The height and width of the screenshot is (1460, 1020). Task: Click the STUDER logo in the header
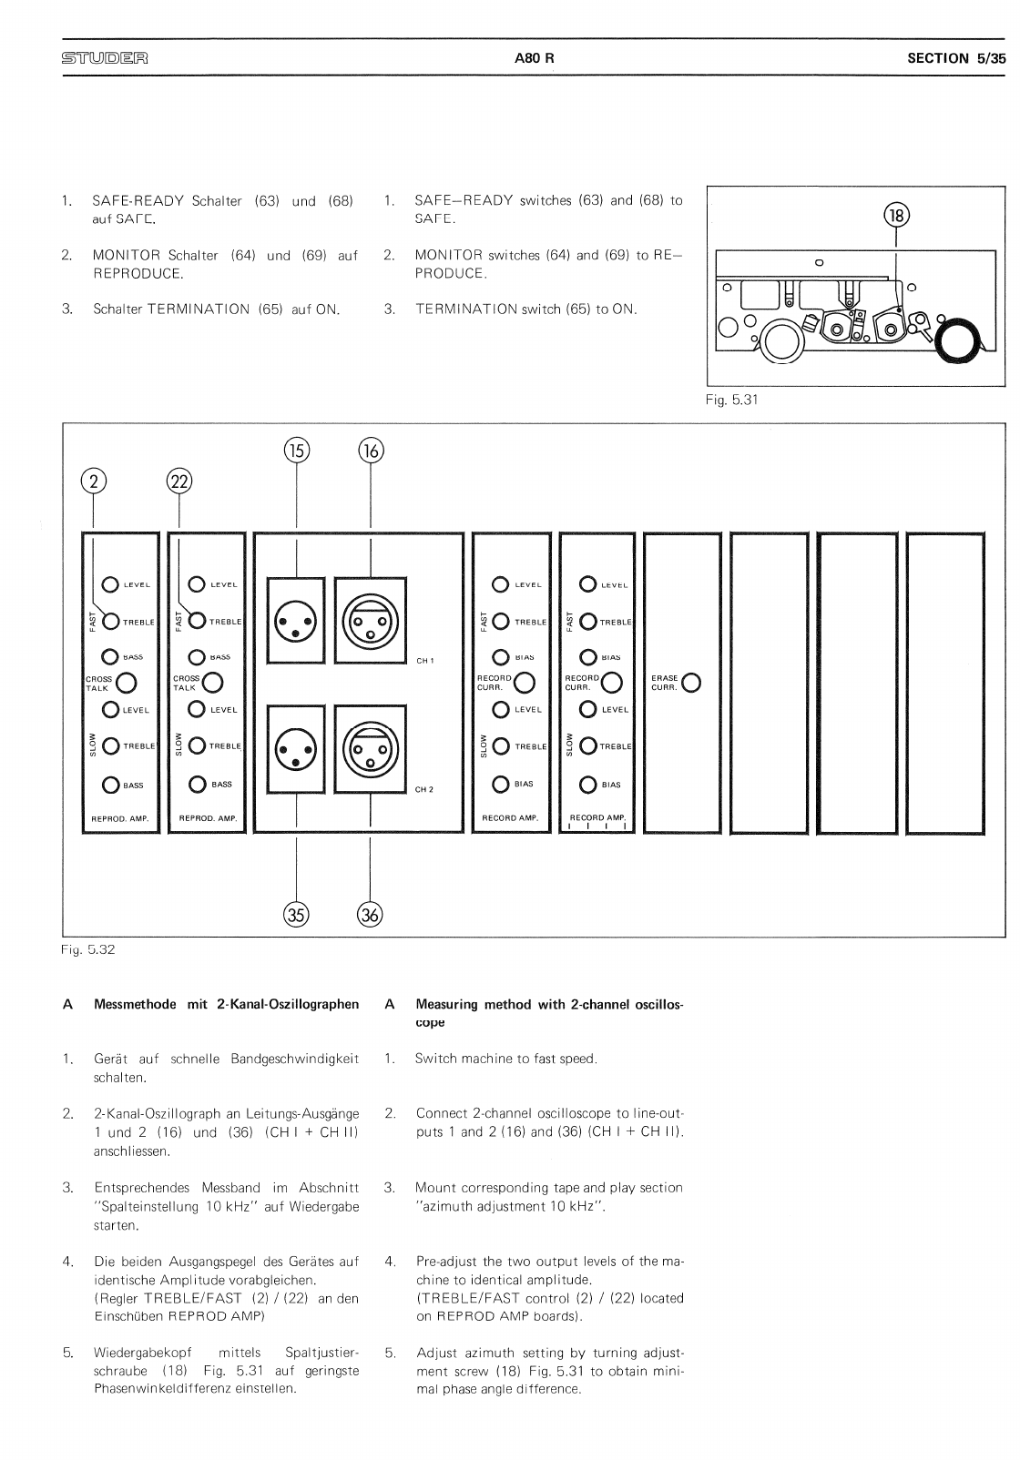tap(105, 59)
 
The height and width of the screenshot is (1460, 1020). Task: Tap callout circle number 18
tap(897, 215)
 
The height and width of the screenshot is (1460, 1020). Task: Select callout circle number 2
tap(94, 481)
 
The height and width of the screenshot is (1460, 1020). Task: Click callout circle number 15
tap(297, 450)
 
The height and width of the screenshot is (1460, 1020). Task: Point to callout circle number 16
tap(371, 450)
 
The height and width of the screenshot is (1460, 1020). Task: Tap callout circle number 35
tap(297, 915)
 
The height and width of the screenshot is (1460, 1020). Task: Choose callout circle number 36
tap(370, 915)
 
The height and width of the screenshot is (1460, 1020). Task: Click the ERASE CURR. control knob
tap(691, 683)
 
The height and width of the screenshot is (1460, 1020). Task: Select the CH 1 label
tap(425, 661)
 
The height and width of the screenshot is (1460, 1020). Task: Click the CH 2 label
tap(425, 789)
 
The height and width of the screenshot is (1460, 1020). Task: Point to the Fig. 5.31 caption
tap(731, 399)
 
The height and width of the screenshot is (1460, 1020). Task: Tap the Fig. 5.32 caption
tap(88, 949)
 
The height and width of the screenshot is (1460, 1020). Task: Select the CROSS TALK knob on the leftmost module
tap(127, 683)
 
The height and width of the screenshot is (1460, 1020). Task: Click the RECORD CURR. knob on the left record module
tap(523, 683)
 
